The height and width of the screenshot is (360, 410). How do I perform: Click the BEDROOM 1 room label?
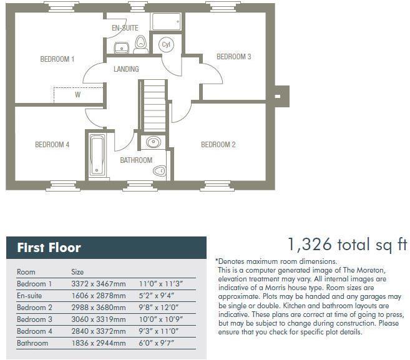(x=57, y=59)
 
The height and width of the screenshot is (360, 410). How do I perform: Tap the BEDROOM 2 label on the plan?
(x=218, y=145)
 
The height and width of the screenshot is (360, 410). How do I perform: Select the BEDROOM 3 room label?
(x=233, y=57)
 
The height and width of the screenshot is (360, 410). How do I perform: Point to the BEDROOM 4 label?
(x=52, y=145)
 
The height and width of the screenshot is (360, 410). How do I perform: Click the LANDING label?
(x=126, y=69)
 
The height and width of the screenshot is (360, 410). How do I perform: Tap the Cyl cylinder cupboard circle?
(x=166, y=45)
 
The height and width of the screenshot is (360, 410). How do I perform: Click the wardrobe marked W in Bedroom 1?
(x=77, y=95)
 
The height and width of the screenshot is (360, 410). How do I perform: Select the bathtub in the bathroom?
(x=98, y=154)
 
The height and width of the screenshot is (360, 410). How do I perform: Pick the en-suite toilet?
(x=140, y=43)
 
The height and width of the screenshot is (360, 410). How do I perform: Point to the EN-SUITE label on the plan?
(x=125, y=29)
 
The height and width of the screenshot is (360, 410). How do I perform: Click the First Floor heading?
(x=49, y=248)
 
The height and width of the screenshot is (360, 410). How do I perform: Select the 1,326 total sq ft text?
(x=346, y=244)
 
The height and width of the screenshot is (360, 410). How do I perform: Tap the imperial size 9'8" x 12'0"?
(x=157, y=307)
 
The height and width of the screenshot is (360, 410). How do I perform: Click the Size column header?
(x=77, y=271)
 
